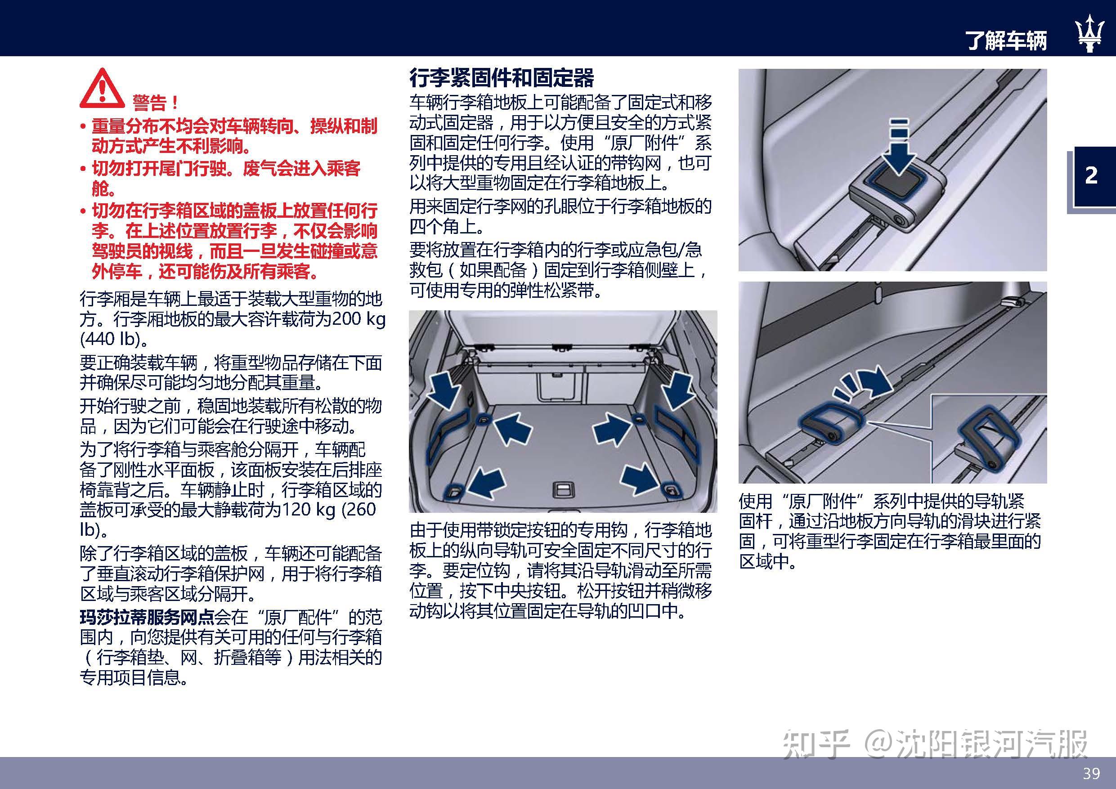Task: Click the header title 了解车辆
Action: click(x=1006, y=41)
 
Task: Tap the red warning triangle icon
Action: click(x=102, y=89)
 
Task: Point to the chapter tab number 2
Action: click(x=1091, y=175)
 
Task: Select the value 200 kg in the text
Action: click(x=358, y=319)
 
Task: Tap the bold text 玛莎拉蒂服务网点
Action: click(x=147, y=618)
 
